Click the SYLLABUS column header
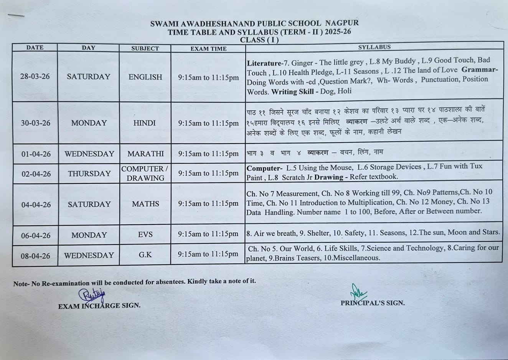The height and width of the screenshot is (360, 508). click(x=374, y=47)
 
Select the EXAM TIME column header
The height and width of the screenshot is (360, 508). click(x=208, y=49)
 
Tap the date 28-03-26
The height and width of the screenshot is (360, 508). click(x=35, y=76)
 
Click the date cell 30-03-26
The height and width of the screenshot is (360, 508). click(x=35, y=123)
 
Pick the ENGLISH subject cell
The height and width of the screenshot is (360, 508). click(x=145, y=77)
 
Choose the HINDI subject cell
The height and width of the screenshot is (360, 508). click(x=145, y=123)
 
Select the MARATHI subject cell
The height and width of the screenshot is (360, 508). click(x=145, y=154)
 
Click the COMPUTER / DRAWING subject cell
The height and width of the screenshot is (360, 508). click(x=145, y=173)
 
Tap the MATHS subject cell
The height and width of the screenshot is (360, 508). click(x=145, y=204)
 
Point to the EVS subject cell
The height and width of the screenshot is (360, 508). click(x=145, y=234)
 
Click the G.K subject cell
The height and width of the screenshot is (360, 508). click(x=145, y=254)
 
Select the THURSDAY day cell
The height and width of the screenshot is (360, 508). click(x=89, y=173)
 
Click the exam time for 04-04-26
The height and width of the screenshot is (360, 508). click(x=208, y=204)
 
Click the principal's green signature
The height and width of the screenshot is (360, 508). click(x=358, y=292)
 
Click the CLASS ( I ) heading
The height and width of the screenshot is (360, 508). click(x=259, y=40)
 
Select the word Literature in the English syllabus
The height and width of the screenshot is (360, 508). click(x=264, y=63)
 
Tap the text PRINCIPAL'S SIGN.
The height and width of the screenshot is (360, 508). click(x=372, y=303)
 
